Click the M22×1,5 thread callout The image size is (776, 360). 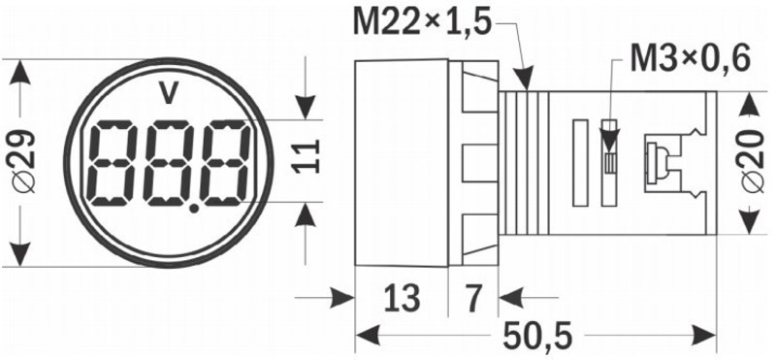[422, 23]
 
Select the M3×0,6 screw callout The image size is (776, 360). [690, 59]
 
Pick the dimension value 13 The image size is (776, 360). [402, 299]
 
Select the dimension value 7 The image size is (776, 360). [472, 299]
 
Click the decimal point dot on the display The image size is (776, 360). [195, 209]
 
